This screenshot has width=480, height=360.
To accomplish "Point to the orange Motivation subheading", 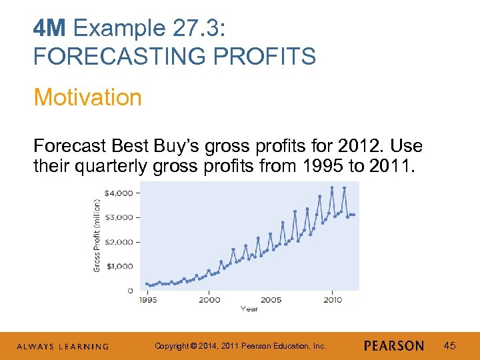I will click(x=87, y=97).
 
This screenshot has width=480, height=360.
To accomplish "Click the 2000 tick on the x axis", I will click(x=209, y=300).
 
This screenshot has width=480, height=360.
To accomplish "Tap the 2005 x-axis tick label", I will click(x=271, y=300).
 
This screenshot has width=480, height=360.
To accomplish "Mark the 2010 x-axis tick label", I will click(x=333, y=300).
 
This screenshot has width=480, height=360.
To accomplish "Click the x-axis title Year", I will click(x=249, y=309).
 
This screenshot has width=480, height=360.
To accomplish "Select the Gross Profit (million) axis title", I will click(x=97, y=238).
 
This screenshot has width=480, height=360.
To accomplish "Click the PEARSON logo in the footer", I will click(x=394, y=345).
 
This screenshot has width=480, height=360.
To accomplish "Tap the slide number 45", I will click(x=449, y=345).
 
